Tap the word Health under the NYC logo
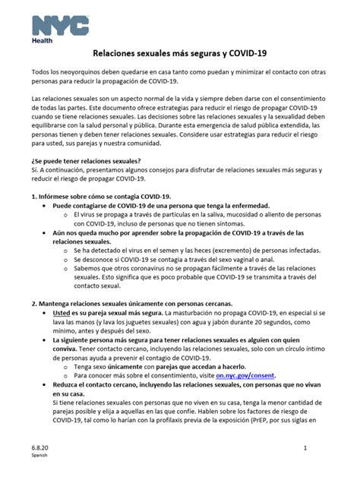click(x=42, y=41)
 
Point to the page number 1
click(x=325, y=450)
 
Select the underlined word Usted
click(x=62, y=313)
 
